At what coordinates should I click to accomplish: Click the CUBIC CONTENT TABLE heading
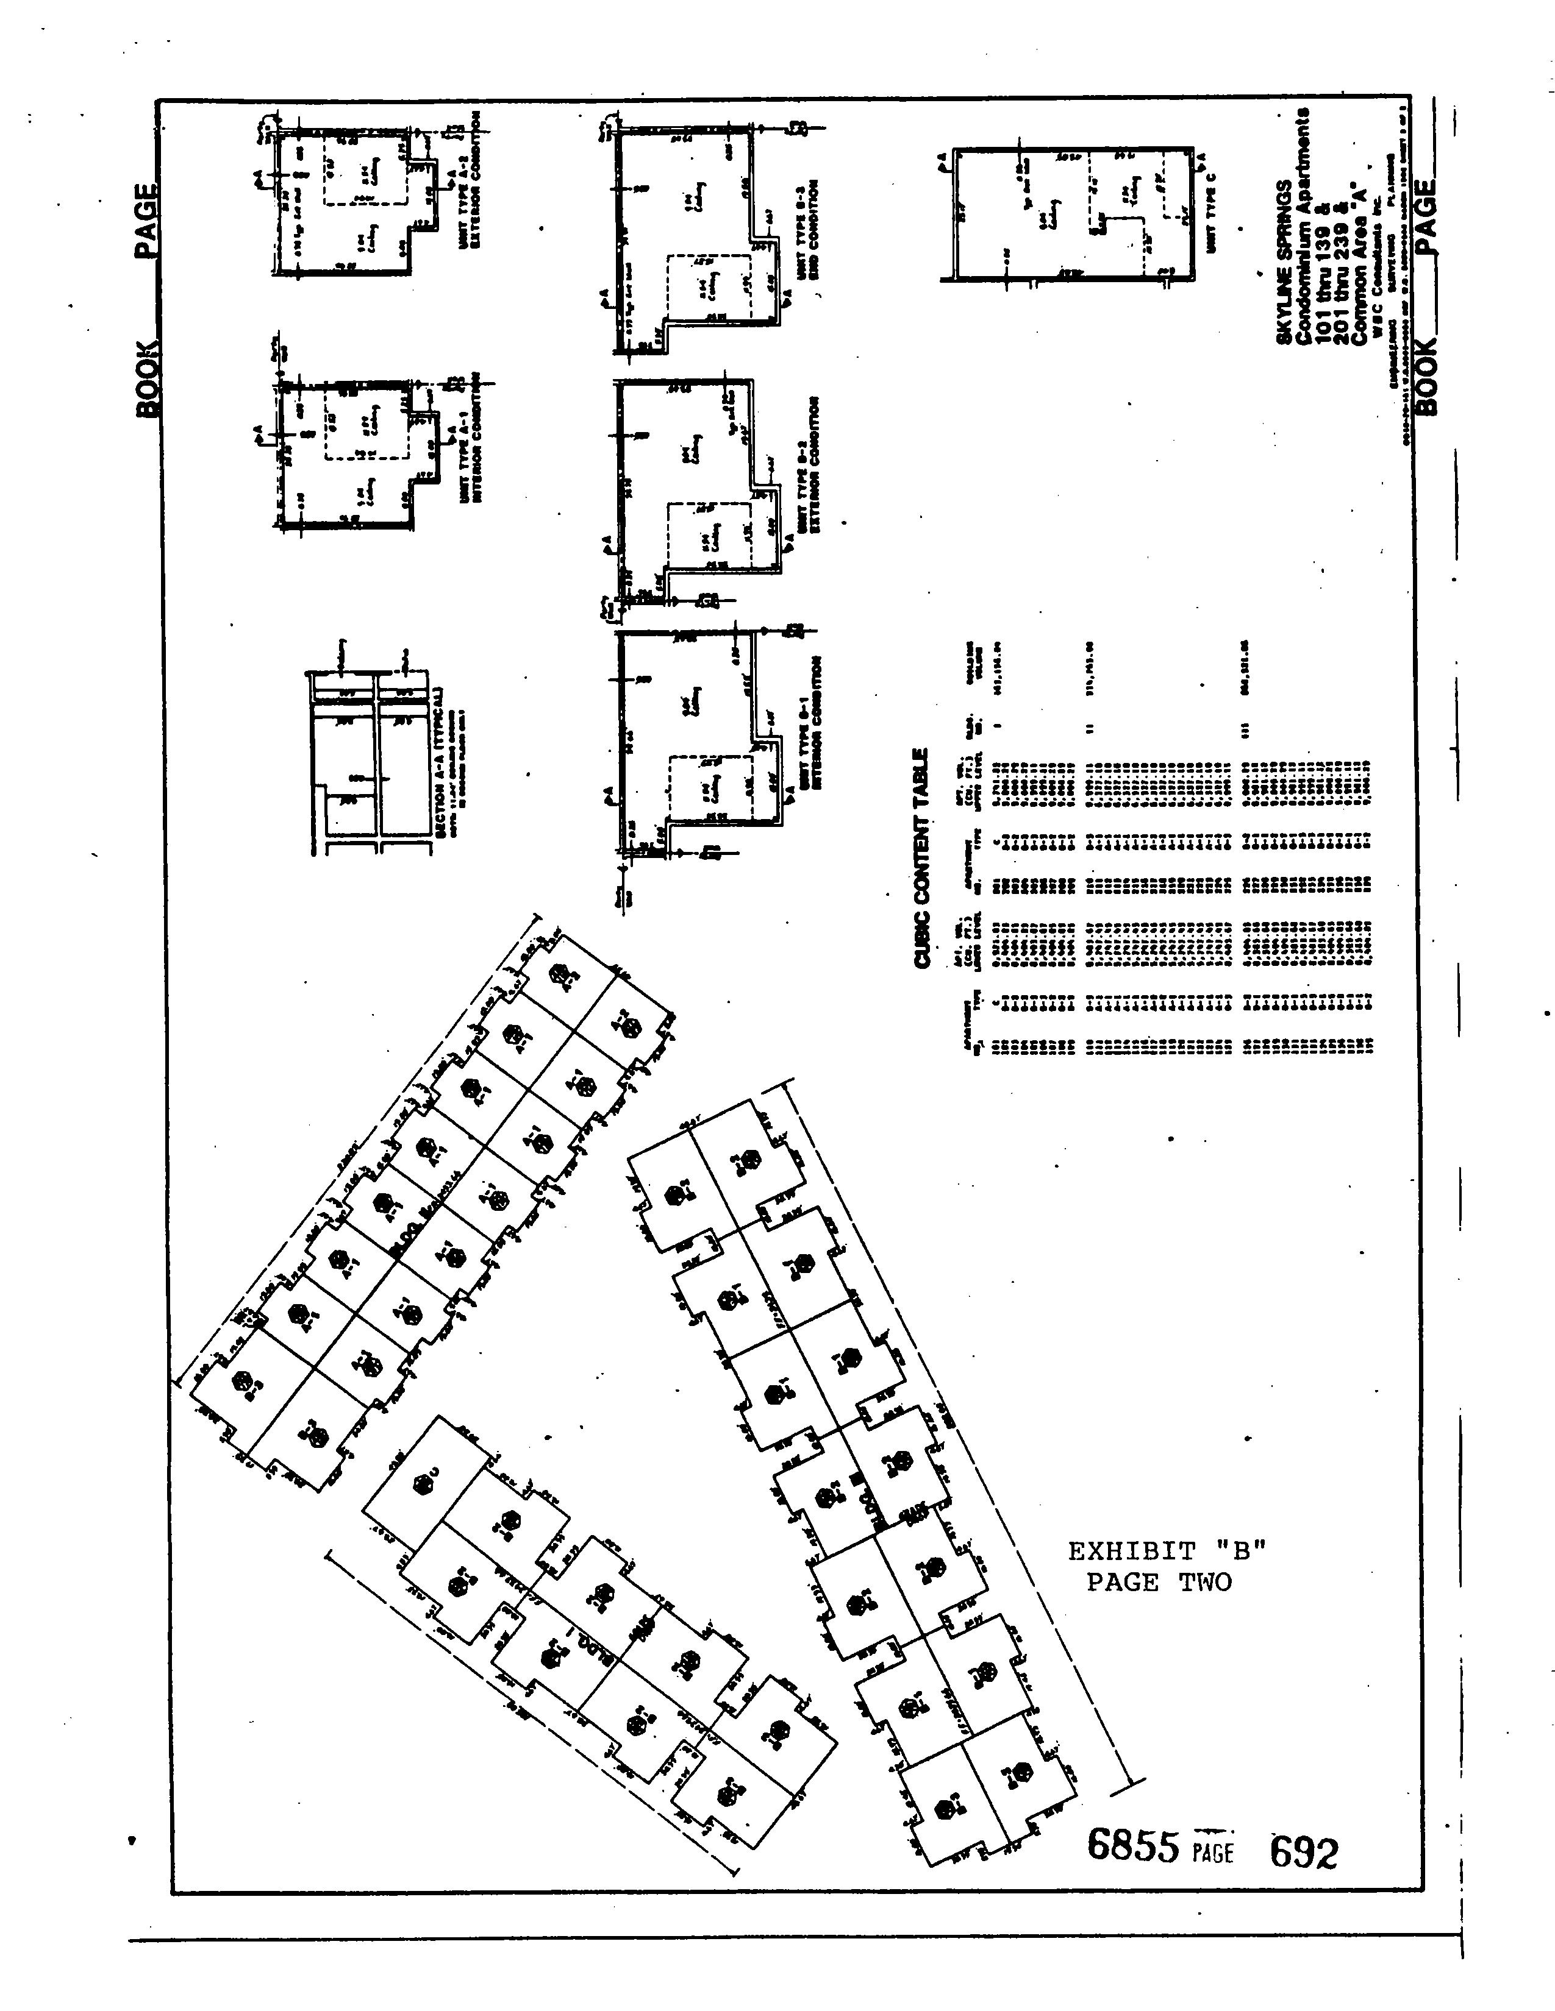click(921, 856)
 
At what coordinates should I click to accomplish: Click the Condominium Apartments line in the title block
click(1303, 225)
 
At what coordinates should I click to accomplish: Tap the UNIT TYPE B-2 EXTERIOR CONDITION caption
click(809, 465)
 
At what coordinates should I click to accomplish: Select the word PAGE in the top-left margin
click(146, 221)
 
